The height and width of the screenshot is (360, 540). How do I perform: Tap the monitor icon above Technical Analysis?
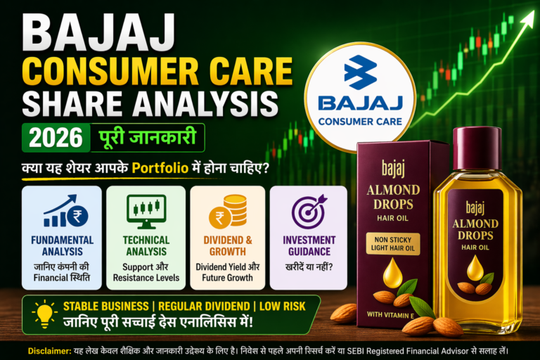coord(145,210)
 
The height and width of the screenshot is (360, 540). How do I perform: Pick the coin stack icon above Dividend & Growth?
coord(226,211)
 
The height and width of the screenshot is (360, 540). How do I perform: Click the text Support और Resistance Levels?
coord(146,273)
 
